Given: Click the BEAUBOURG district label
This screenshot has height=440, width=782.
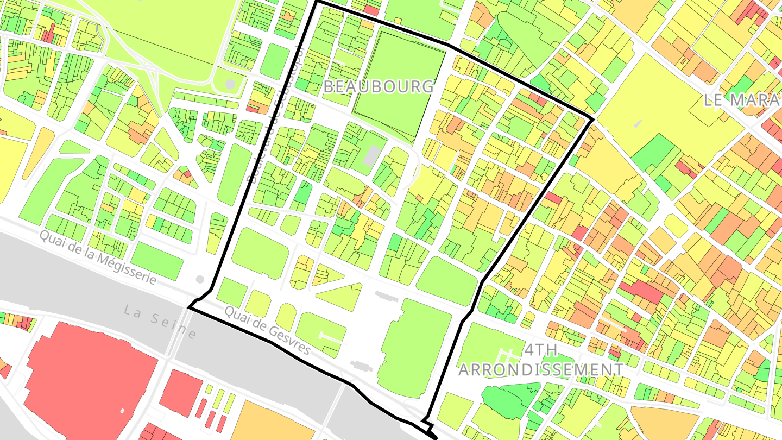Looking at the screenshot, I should click(379, 86).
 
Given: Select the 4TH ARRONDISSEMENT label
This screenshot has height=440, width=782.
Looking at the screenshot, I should click(541, 360).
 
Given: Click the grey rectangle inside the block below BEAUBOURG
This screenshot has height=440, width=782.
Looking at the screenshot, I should click(371, 156).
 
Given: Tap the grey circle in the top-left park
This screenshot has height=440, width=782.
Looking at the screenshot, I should click(230, 84).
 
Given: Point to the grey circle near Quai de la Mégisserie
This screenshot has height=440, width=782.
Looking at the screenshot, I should click(200, 279).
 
